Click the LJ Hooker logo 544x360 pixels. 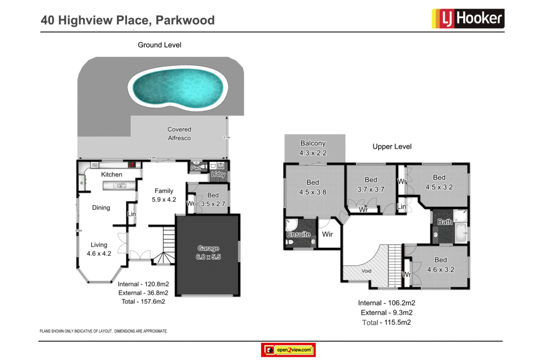[x=467, y=19]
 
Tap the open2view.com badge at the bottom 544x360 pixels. [x=288, y=350]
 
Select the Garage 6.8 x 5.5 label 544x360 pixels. [x=208, y=252]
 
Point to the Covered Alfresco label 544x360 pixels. [x=179, y=134]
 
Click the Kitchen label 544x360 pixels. [x=112, y=175]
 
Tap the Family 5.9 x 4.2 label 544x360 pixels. [x=164, y=195]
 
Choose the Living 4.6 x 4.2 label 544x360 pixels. [x=99, y=249]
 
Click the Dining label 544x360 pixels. [x=101, y=208]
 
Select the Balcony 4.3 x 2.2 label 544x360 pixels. [x=313, y=148]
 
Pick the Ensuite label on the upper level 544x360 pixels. [x=299, y=234]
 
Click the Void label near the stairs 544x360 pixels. [x=367, y=271]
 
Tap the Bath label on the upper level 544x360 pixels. [x=445, y=222]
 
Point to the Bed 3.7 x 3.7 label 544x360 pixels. [x=371, y=184]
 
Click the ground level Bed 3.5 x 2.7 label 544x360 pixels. [x=213, y=200]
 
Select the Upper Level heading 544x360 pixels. [x=392, y=147]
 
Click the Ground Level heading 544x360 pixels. [x=159, y=45]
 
